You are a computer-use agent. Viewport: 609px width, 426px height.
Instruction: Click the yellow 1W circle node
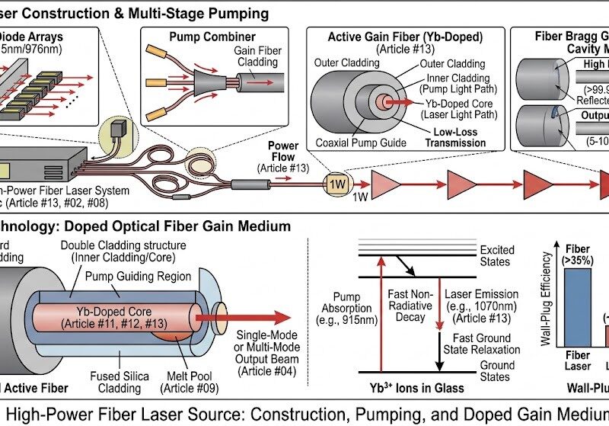point(336,184)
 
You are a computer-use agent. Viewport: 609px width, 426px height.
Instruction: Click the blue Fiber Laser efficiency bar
point(577,309)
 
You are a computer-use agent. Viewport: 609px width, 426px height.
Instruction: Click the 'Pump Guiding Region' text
point(149,277)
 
